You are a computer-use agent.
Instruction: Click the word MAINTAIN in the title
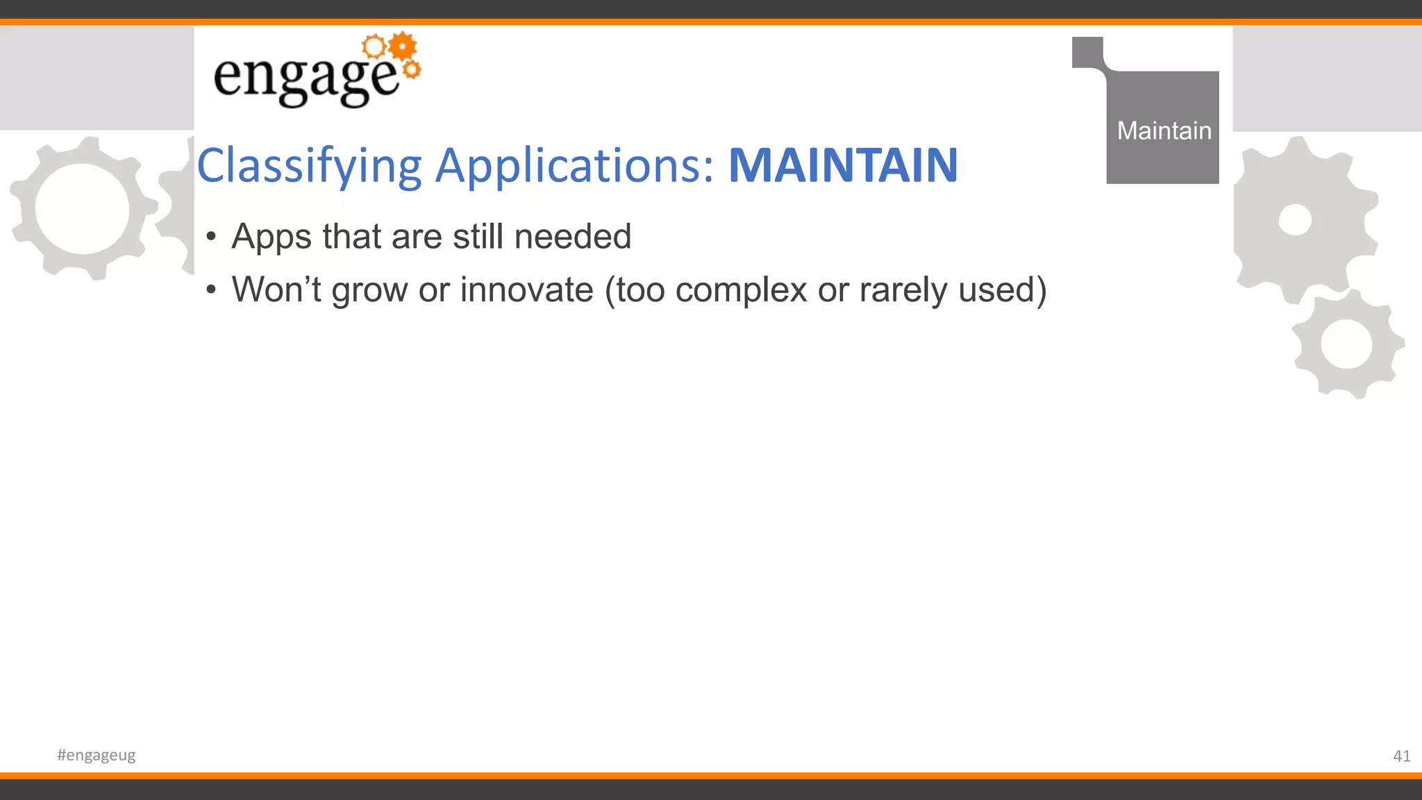pos(843,166)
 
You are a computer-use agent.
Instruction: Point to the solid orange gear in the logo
pos(403,47)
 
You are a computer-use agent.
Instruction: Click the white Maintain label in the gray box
pos(1164,131)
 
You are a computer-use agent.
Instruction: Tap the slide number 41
pos(1401,756)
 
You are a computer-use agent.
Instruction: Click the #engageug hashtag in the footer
pos(97,755)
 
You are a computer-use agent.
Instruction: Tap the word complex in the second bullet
pos(741,291)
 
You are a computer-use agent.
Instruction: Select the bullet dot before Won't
pos(212,291)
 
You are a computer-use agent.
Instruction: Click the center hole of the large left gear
pos(82,209)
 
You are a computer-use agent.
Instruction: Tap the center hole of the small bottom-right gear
pos(1346,344)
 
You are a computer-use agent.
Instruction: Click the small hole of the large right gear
pos(1295,220)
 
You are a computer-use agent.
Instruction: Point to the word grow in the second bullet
pos(369,291)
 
